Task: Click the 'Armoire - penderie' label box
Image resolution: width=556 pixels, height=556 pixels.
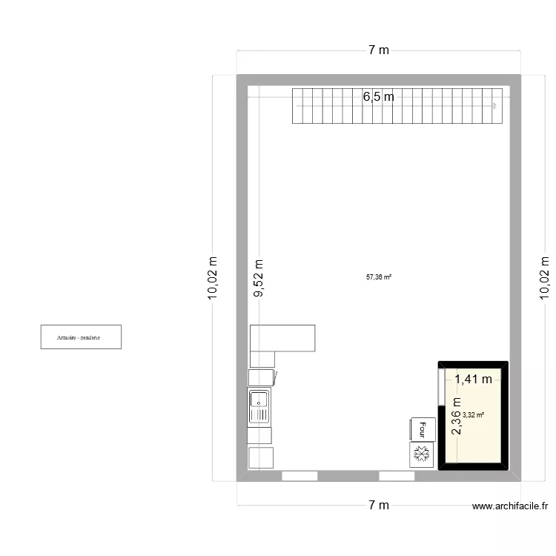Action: pyautogui.click(x=81, y=337)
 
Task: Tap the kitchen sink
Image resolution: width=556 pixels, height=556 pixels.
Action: pyautogui.click(x=259, y=407)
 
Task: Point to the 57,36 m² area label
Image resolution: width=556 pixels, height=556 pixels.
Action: pyautogui.click(x=378, y=278)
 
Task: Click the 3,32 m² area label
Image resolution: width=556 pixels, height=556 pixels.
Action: pyautogui.click(x=473, y=415)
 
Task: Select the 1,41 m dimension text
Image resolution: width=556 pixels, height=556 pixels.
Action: pyautogui.click(x=473, y=380)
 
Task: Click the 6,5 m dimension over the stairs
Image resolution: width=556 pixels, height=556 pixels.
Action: pyautogui.click(x=378, y=96)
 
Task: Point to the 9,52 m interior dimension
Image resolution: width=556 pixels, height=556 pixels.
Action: pyautogui.click(x=258, y=278)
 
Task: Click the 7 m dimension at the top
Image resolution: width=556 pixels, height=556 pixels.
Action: pyautogui.click(x=378, y=50)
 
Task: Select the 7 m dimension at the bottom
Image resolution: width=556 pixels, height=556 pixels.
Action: pyautogui.click(x=378, y=506)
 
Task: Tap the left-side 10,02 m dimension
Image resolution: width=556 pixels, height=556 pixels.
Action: pyautogui.click(x=214, y=278)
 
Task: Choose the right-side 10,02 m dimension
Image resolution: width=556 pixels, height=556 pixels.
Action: pyautogui.click(x=546, y=278)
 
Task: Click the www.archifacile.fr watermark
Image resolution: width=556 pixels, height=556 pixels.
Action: pyautogui.click(x=510, y=506)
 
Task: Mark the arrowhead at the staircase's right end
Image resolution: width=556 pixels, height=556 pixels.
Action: pyautogui.click(x=494, y=106)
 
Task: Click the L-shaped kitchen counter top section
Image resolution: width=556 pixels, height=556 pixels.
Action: pyautogui.click(x=283, y=338)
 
